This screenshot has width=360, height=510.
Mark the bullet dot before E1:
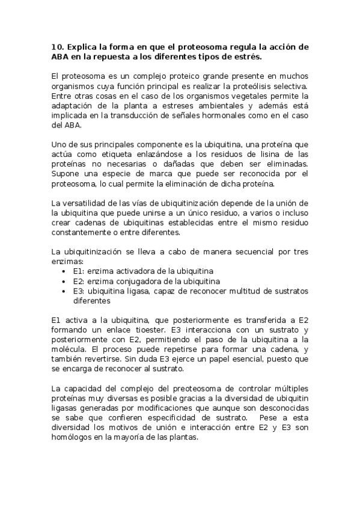coord(64,272)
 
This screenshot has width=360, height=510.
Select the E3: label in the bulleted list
coord(79,291)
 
